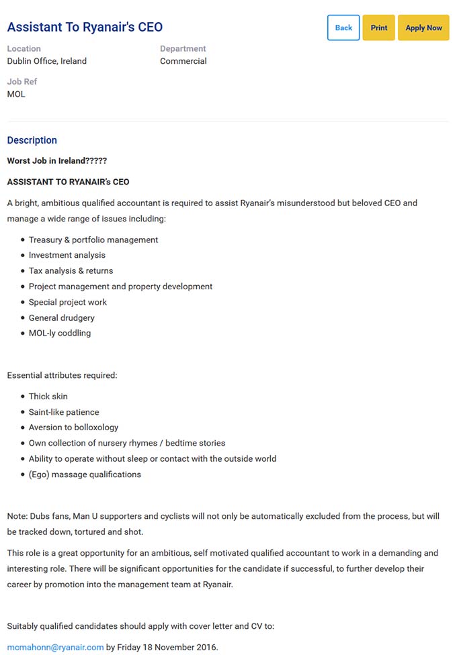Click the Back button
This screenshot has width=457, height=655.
click(343, 28)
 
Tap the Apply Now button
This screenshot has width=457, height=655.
click(423, 28)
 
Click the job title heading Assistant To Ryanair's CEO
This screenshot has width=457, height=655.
click(85, 28)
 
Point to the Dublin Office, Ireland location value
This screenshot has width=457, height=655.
click(47, 61)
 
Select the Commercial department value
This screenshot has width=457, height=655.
click(183, 61)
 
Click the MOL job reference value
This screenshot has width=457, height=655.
click(16, 94)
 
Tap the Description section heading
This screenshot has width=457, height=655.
click(32, 140)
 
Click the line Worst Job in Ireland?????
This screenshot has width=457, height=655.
click(57, 161)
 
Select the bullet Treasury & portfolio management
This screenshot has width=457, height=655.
click(93, 240)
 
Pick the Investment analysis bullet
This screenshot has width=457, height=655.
click(67, 255)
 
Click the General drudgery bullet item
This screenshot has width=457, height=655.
click(62, 317)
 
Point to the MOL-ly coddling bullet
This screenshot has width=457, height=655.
click(60, 333)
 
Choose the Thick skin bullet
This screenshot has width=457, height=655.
click(48, 397)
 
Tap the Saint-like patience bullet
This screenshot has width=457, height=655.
click(64, 412)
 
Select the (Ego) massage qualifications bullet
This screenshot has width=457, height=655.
click(85, 474)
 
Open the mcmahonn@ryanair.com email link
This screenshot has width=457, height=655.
click(55, 647)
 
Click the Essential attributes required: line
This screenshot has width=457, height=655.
click(63, 375)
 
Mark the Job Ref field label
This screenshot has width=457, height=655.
click(22, 82)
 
